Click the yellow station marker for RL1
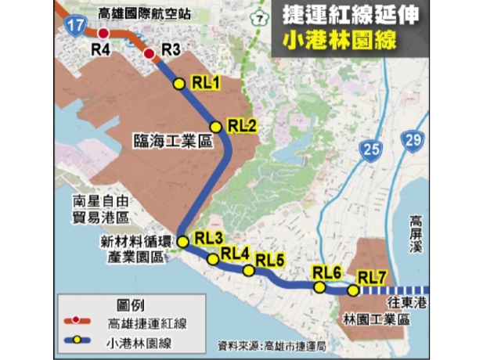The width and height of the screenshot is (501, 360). [179, 85]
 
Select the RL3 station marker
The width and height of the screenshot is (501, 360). [183, 242]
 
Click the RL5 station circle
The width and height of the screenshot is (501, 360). [248, 271]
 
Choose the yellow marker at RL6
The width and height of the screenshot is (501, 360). [319, 287]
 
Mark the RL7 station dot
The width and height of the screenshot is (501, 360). [353, 291]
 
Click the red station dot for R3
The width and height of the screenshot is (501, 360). [149, 53]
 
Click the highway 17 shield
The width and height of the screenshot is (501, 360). [74, 27]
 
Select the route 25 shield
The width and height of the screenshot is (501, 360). [372, 149]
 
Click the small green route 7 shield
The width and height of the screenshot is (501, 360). [256, 17]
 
